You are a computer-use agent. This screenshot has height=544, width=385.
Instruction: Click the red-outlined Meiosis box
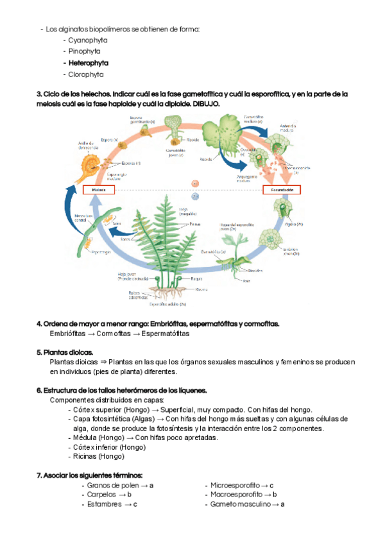(x=99, y=190)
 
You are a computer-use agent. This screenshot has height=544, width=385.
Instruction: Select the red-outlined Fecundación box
(x=282, y=190)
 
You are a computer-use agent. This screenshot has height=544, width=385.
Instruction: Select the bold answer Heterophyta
(x=88, y=63)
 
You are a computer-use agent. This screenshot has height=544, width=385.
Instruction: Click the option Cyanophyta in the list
(x=88, y=40)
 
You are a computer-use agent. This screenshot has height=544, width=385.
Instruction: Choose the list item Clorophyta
(x=87, y=74)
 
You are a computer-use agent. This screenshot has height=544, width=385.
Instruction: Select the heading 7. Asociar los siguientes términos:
(x=89, y=475)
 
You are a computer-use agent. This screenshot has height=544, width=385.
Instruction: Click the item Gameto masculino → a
(x=247, y=504)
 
